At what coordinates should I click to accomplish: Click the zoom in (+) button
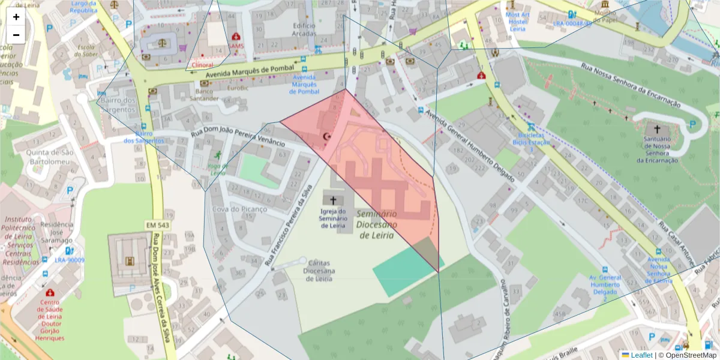tap(16, 17)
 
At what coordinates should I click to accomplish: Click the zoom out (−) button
tap(16, 35)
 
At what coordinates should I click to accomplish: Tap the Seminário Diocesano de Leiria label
tap(376, 224)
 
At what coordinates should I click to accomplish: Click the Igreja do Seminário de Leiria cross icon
tap(333, 200)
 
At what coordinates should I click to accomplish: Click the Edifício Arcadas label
tap(304, 29)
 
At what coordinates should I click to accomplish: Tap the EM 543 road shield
tap(157, 224)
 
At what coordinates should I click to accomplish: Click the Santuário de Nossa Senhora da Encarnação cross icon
tap(656, 129)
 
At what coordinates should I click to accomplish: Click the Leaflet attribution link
tap(641, 355)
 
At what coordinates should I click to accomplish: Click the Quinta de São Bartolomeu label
tap(49, 157)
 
